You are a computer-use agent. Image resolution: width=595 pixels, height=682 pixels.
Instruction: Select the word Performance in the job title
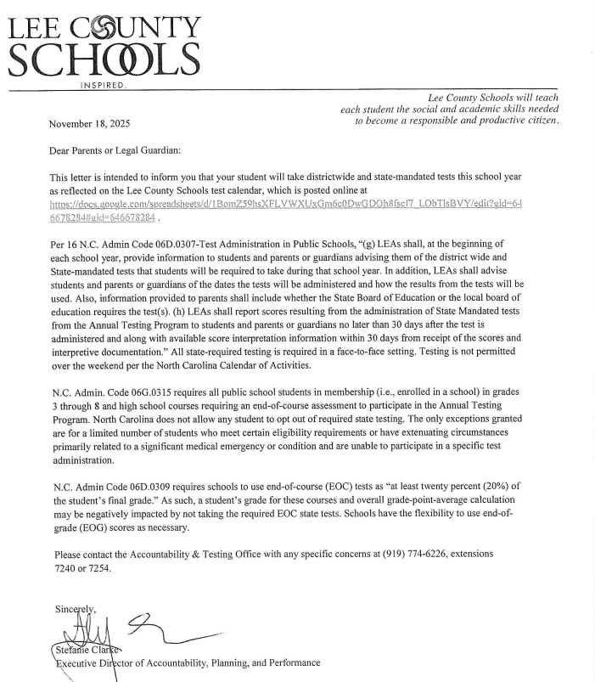coord(294,662)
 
